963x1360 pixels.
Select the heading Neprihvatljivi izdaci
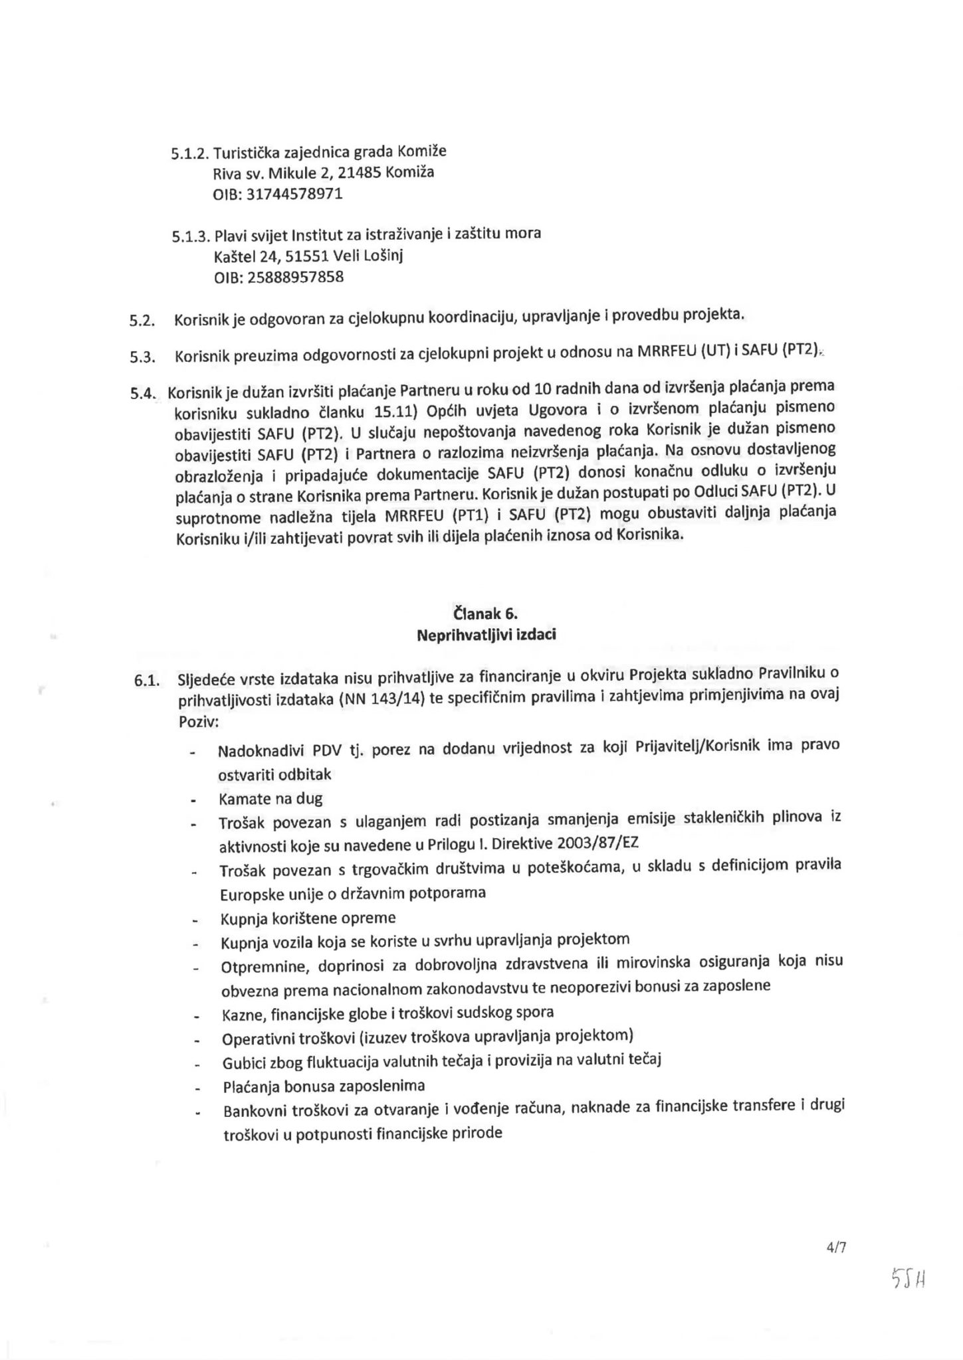click(x=486, y=634)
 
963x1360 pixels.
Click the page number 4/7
click(x=835, y=1247)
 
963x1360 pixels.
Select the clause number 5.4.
click(x=143, y=393)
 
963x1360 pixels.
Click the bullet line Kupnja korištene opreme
click(x=308, y=918)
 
